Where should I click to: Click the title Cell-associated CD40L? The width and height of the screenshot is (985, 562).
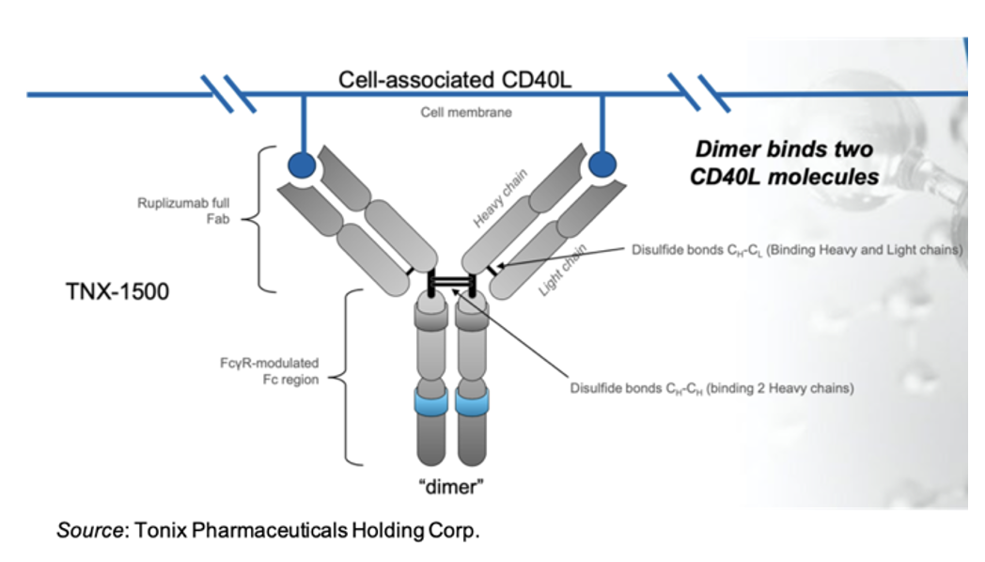point(456,79)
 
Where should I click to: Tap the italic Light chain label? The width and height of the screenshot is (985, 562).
point(562,271)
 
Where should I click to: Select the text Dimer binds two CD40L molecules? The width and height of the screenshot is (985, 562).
point(783,163)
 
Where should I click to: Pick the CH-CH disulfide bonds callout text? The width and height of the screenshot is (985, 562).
point(711,387)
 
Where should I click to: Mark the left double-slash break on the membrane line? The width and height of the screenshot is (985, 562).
point(230,94)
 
